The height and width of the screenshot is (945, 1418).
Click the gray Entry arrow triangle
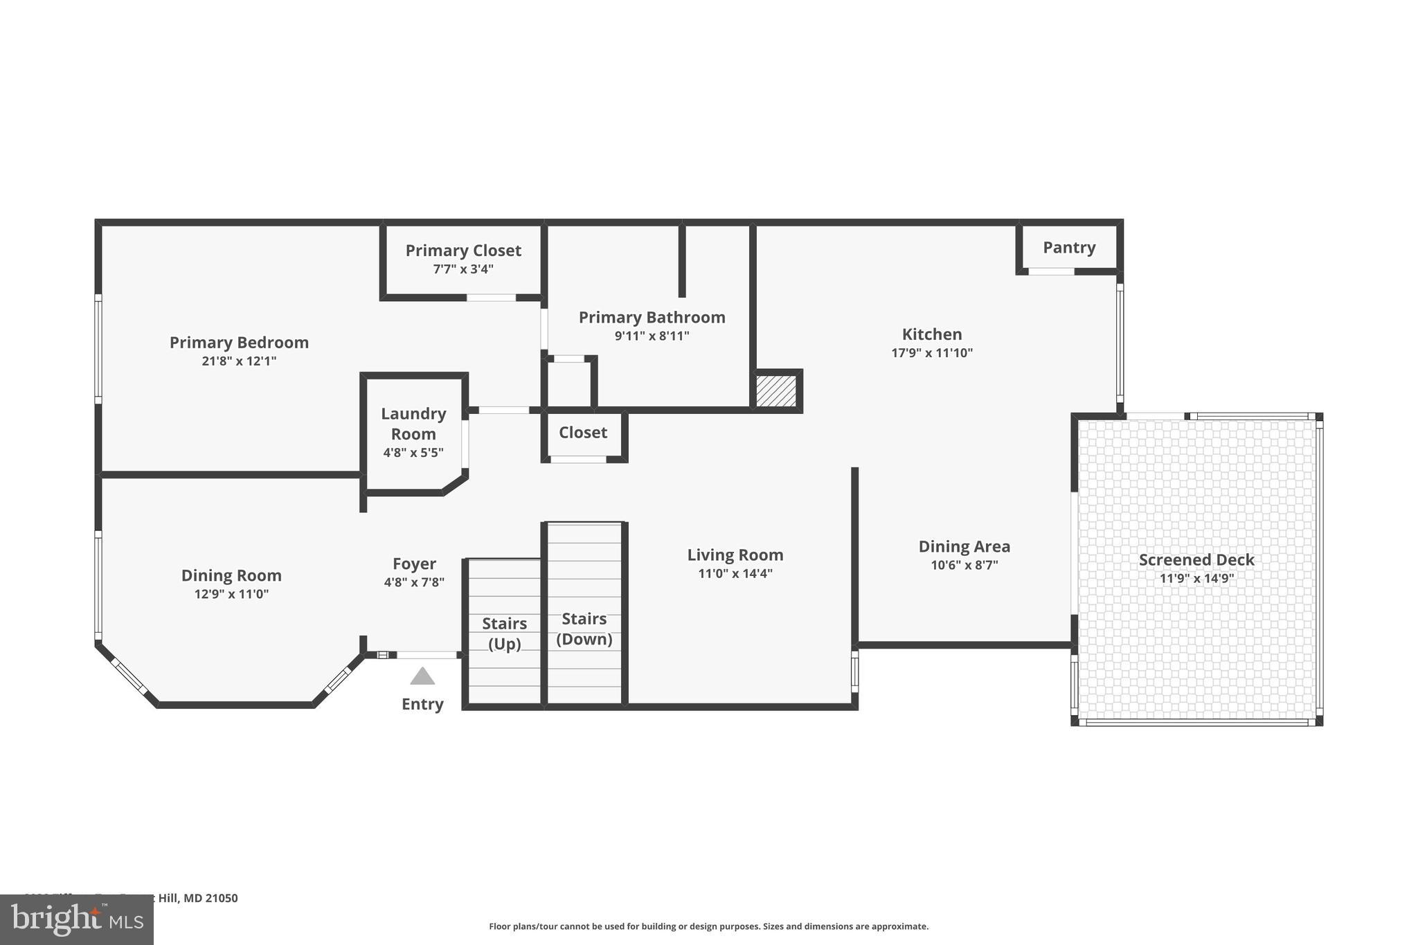[x=422, y=676]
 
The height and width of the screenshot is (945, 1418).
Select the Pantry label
[x=1069, y=248]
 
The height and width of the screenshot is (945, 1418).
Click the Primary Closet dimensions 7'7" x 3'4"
[x=463, y=269]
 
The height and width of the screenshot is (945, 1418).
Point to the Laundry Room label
[x=413, y=424]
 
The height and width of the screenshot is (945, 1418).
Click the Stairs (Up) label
[x=504, y=633]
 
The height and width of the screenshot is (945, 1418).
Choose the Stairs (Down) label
[x=584, y=629]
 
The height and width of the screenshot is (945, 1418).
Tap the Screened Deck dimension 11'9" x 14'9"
[x=1196, y=579]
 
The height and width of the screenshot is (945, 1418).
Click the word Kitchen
[x=932, y=334]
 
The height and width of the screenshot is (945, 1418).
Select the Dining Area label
[x=964, y=547]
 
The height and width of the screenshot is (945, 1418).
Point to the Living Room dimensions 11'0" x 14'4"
[x=735, y=574]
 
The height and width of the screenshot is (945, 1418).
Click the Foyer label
[x=414, y=564]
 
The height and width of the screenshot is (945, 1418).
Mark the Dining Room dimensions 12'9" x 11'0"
[x=231, y=594]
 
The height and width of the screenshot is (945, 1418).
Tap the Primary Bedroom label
[x=239, y=343]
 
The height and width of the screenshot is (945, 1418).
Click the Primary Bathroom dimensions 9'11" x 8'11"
[x=652, y=336]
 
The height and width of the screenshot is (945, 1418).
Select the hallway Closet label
[x=583, y=433]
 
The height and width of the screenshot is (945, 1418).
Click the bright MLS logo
[x=77, y=919]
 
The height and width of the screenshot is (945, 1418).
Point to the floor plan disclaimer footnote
[x=708, y=926]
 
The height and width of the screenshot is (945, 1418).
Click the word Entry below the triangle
[x=422, y=704]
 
